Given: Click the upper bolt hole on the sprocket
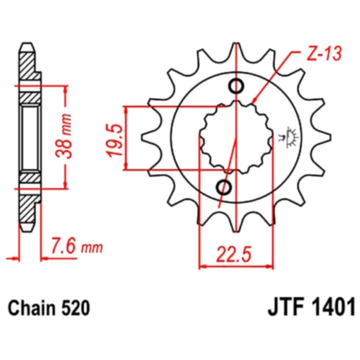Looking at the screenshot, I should pos(236,87).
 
